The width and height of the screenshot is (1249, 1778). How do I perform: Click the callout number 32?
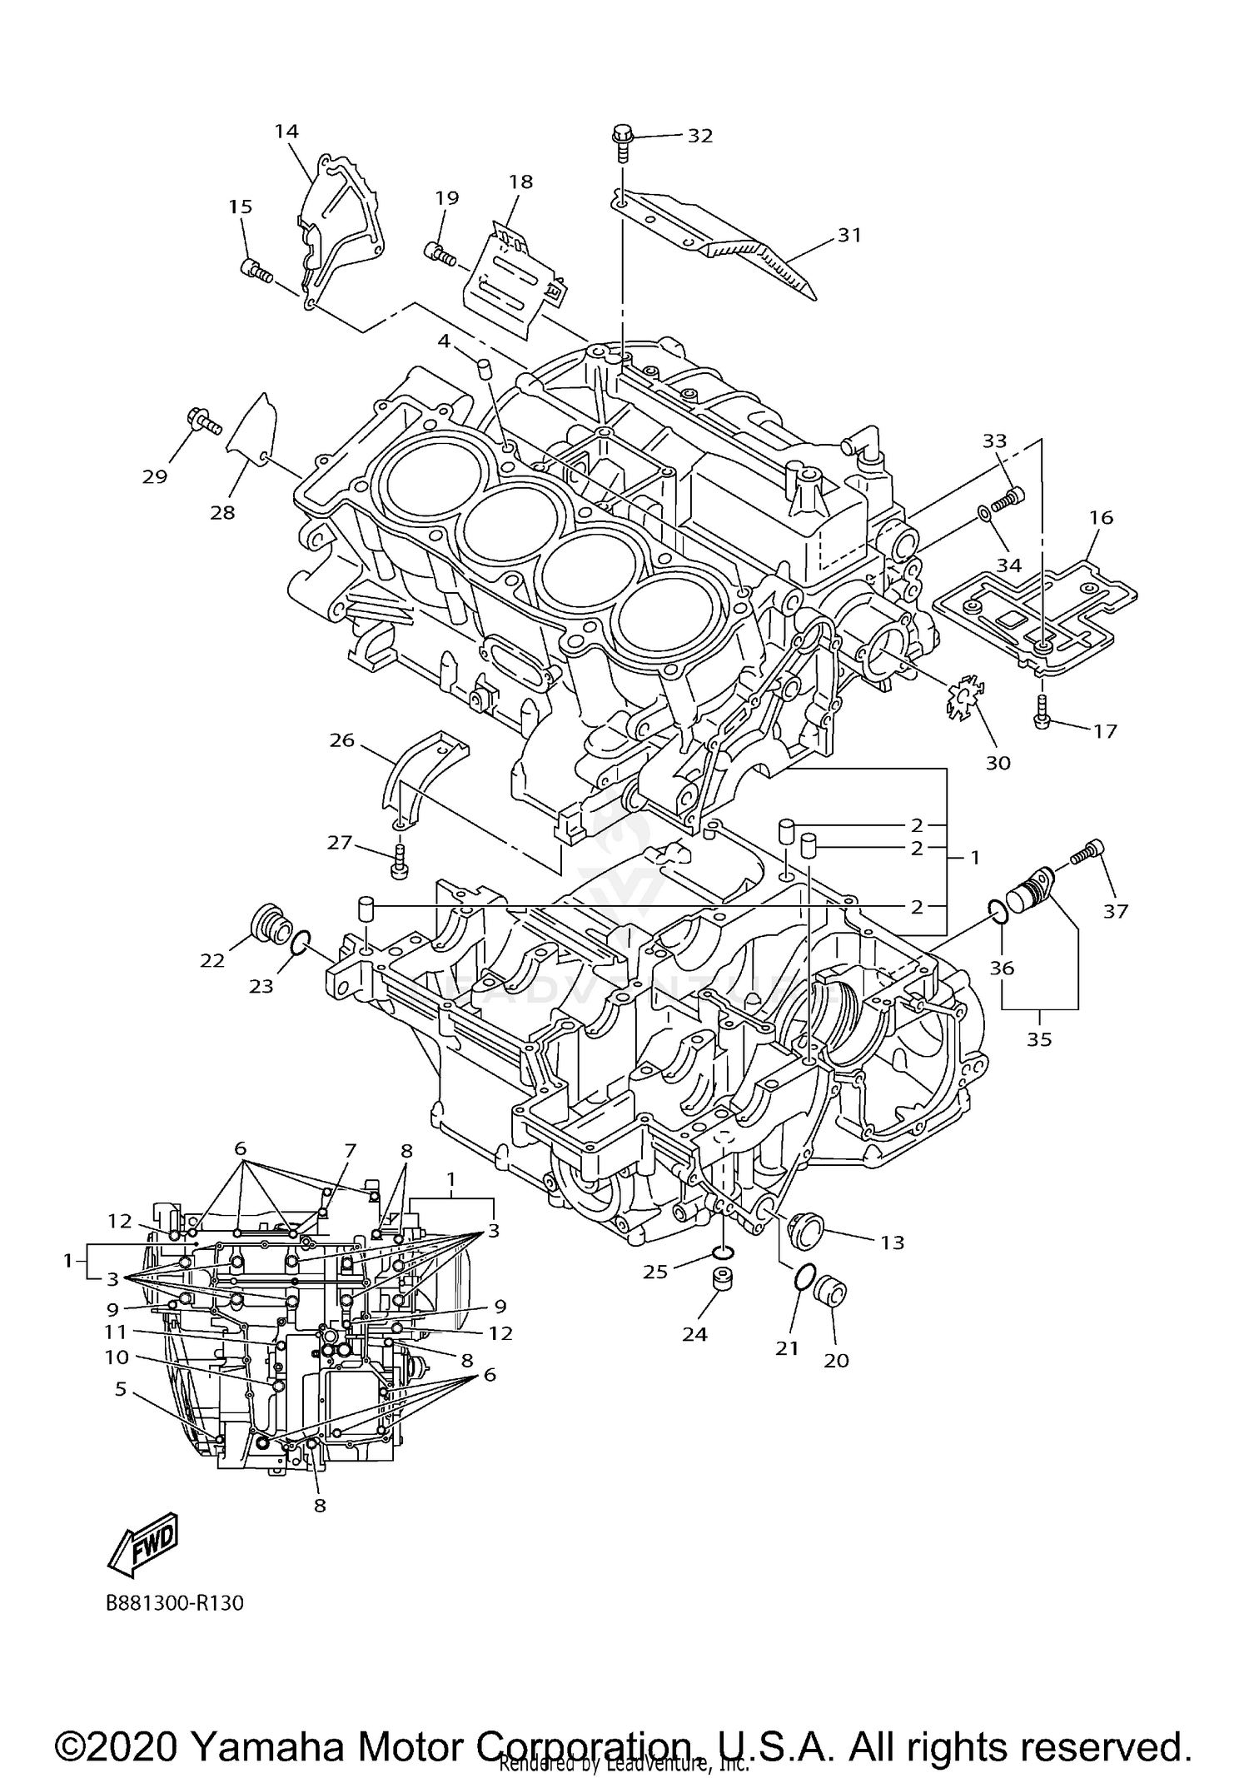point(699,136)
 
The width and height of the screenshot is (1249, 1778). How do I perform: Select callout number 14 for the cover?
point(286,132)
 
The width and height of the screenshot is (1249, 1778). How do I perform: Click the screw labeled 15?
point(255,270)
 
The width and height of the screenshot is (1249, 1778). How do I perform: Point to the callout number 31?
point(848,236)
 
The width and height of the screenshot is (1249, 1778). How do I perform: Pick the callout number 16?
point(1101,517)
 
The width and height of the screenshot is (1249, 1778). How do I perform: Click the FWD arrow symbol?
point(143,1544)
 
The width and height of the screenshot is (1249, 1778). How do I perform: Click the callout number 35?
point(1039,1038)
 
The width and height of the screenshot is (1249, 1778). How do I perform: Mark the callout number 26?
point(342,740)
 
